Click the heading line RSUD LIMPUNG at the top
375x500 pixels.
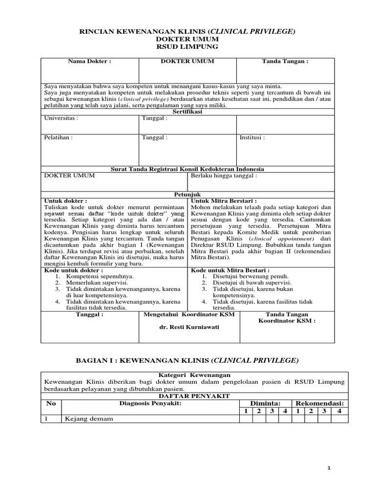coord(187,47)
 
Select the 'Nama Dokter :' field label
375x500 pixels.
coord(89,62)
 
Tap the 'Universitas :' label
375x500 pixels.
coord(61,118)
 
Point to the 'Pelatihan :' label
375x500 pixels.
coord(59,138)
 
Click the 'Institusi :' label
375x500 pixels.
coord(252,138)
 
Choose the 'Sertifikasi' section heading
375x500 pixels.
coord(187,112)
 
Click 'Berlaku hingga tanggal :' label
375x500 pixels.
coord(223,175)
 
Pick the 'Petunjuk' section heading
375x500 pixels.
coord(187,194)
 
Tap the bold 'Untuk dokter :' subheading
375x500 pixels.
coord(66,201)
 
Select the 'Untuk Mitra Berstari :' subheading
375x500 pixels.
coord(224,201)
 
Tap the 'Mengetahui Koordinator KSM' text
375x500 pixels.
coord(189,314)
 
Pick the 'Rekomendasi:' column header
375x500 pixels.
coord(320,403)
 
